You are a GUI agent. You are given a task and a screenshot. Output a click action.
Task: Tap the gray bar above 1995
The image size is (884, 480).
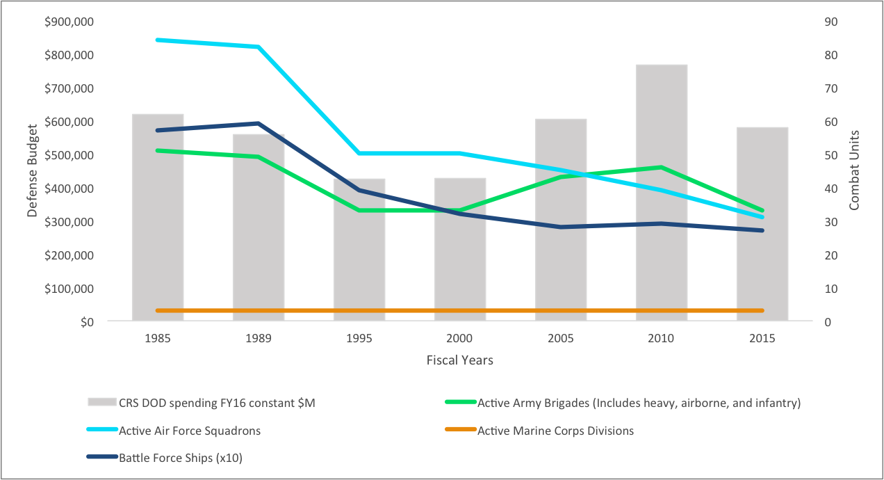[x=359, y=278]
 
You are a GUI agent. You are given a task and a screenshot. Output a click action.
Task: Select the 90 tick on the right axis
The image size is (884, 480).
[x=831, y=22]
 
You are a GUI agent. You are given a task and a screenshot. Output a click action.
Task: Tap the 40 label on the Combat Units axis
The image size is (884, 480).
[x=831, y=189]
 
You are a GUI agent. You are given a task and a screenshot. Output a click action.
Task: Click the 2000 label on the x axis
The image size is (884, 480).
[x=460, y=339]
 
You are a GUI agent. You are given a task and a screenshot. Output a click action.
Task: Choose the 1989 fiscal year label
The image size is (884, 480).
[x=259, y=339]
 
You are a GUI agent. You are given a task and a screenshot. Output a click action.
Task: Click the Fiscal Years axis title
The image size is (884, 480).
[x=459, y=360]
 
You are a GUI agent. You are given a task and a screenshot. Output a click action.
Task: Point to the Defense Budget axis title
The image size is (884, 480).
[x=32, y=172]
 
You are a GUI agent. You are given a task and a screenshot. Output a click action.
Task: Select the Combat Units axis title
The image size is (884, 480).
[x=854, y=170]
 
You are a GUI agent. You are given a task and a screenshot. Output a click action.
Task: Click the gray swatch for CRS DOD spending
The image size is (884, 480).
[x=101, y=403]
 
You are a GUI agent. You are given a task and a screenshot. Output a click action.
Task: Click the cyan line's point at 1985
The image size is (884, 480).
[x=158, y=40]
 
